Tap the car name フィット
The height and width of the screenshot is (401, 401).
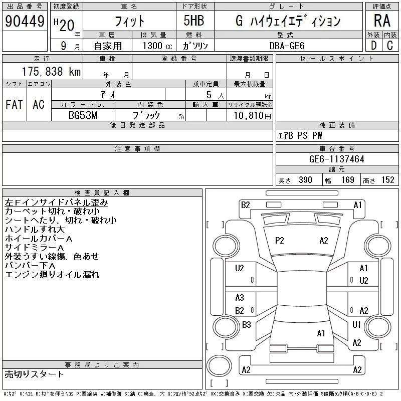[130, 21]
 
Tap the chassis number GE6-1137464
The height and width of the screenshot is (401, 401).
[337, 159]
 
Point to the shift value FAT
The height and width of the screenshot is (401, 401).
[14, 104]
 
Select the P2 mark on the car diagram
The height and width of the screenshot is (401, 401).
[279, 241]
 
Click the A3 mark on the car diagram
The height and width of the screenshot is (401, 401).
[240, 298]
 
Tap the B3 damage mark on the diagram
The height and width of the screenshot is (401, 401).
[246, 325]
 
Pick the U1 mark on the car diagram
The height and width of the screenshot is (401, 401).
[356, 325]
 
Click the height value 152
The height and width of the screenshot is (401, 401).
[387, 180]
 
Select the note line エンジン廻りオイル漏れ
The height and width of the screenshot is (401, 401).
[52, 275]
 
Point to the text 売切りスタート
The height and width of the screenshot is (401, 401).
[35, 374]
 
